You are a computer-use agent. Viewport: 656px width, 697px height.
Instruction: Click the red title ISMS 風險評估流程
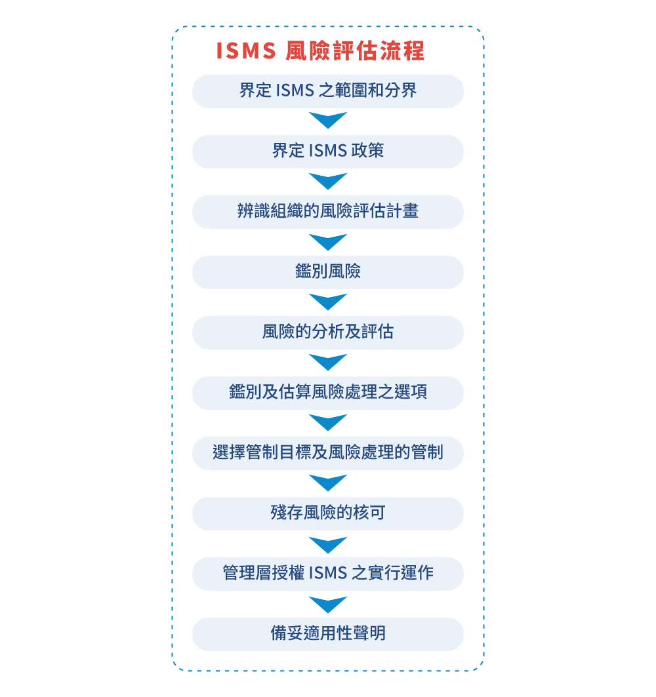tap(320, 50)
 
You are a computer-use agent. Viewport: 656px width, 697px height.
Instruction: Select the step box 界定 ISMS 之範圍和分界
tap(328, 91)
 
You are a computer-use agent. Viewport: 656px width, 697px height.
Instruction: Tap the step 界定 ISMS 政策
tap(328, 151)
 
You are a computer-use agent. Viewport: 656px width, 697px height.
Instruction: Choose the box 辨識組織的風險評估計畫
tap(328, 212)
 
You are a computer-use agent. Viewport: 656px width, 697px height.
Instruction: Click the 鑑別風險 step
tap(328, 272)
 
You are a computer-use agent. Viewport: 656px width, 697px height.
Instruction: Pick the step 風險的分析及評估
tap(328, 332)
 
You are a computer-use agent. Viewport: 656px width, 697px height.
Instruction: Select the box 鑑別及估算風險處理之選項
tap(328, 393)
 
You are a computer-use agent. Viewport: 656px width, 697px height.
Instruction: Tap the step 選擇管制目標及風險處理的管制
tap(328, 453)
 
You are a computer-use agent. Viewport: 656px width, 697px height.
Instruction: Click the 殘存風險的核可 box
tap(328, 513)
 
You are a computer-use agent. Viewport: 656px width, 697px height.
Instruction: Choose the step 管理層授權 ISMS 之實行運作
tap(328, 574)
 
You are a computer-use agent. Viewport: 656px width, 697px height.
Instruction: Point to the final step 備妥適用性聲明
tap(328, 634)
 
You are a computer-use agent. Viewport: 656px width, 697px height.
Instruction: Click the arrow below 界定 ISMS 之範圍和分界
tap(328, 120)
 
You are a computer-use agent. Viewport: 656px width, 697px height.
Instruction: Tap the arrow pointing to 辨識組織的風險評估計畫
tap(328, 180)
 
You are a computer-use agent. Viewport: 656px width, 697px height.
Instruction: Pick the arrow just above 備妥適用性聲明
tap(328, 605)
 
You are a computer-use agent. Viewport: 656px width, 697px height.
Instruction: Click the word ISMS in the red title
tap(246, 50)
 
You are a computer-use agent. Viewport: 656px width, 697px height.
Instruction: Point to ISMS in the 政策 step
tap(328, 151)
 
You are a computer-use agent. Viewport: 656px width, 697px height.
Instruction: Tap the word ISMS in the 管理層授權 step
tap(328, 574)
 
